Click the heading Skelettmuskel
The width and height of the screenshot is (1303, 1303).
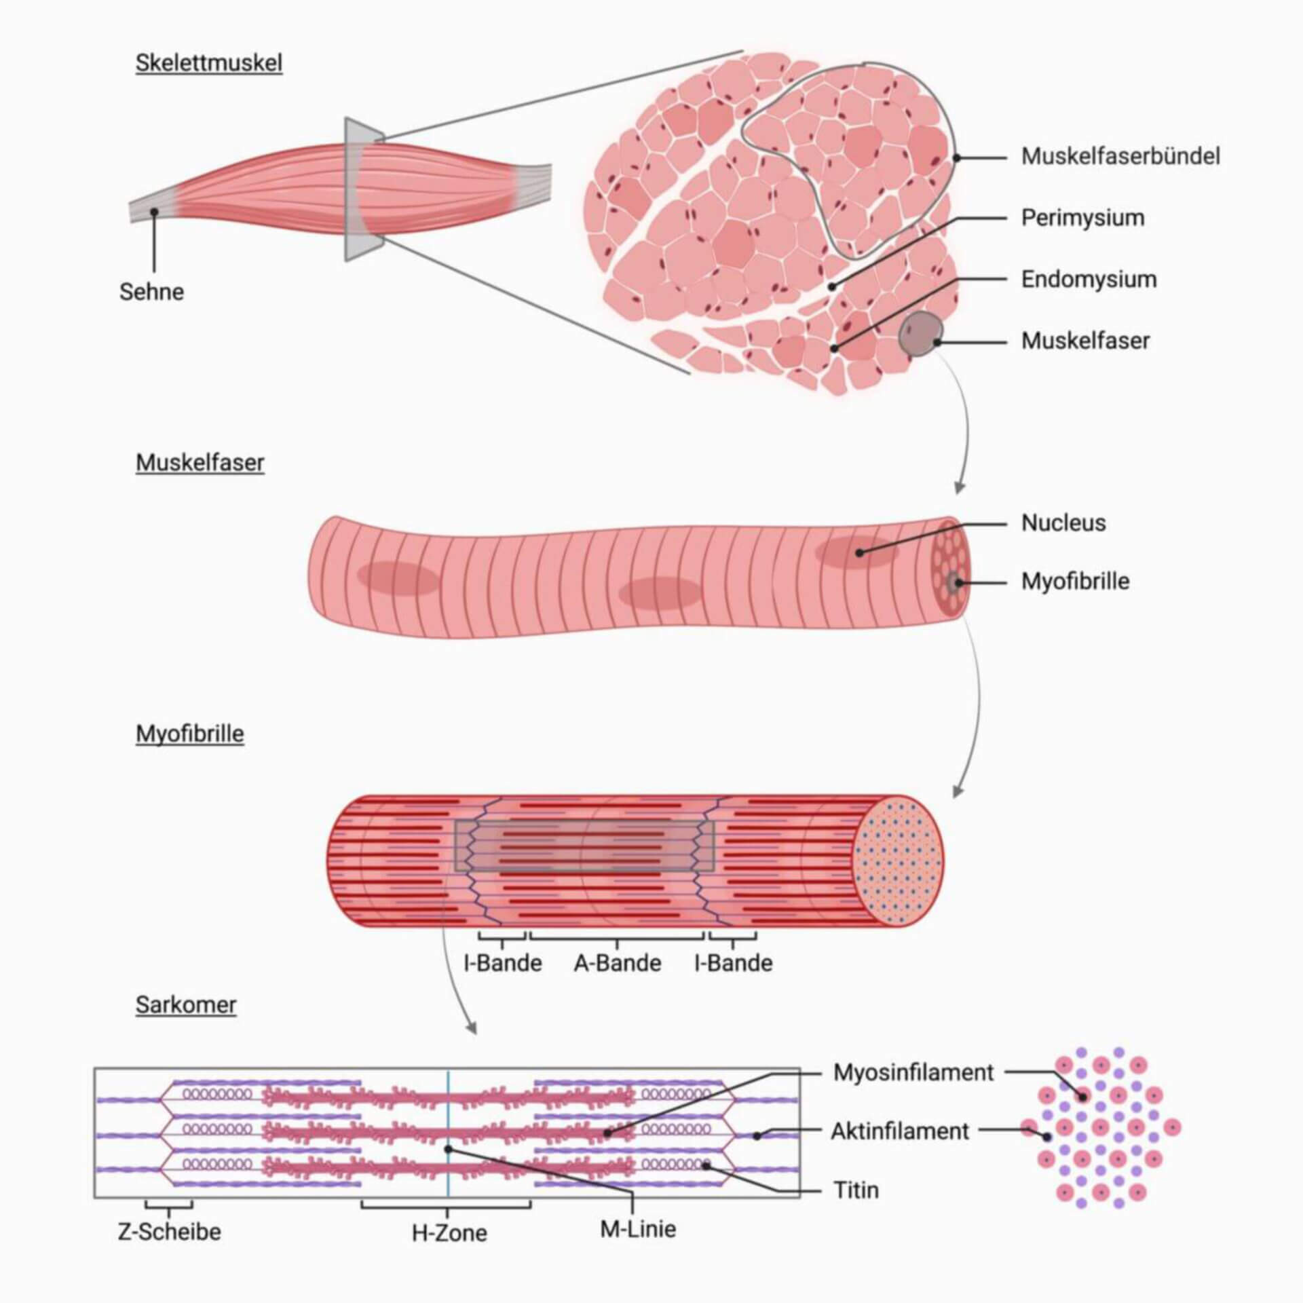pos(209,63)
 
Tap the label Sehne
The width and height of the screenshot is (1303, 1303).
pos(151,292)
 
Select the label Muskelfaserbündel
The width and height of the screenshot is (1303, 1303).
pos(1120,157)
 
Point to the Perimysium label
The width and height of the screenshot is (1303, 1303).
pos(1082,218)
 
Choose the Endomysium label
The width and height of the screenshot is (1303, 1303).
pos(1089,280)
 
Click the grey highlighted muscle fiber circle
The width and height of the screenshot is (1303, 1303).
pos(920,334)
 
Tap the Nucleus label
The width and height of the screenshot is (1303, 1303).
pos(1063,523)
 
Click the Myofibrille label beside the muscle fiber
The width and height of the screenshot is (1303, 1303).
pos(1075,582)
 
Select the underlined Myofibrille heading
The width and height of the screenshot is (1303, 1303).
pos(190,734)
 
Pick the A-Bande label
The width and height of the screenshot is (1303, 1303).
pos(618,964)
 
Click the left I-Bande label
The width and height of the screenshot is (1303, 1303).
pos(503,964)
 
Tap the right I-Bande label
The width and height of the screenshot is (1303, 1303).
pos(733,964)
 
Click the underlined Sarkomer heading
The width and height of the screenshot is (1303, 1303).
pos(186,1004)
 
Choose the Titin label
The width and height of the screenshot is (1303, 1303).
pos(856,1190)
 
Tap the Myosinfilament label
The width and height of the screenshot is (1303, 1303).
pos(913,1072)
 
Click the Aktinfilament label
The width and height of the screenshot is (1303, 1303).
pos(900,1131)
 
